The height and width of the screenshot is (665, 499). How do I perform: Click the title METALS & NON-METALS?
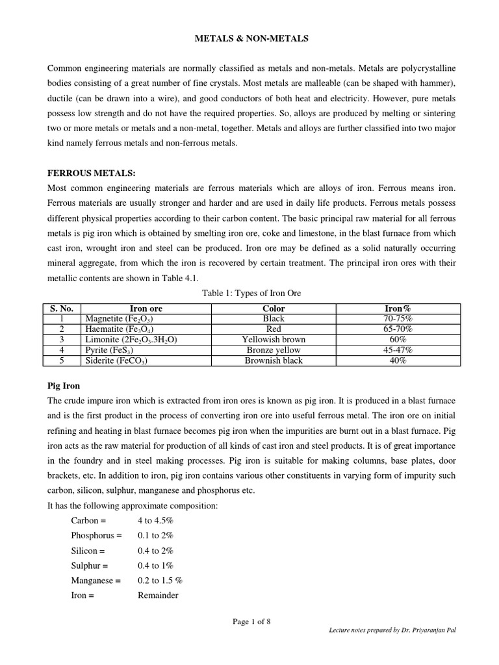[x=251, y=39]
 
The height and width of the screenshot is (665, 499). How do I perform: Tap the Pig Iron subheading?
[x=62, y=386]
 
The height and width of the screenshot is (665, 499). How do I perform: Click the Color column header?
[x=274, y=308]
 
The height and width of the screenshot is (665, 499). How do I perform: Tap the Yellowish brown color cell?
[x=274, y=340]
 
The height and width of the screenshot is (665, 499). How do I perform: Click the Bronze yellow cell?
[x=274, y=350]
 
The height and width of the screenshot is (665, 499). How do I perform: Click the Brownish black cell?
[x=274, y=360]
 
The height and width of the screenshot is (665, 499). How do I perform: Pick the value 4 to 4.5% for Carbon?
[x=155, y=521]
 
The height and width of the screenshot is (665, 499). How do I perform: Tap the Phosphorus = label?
[x=97, y=536]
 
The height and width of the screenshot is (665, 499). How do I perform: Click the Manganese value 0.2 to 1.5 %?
[x=160, y=581]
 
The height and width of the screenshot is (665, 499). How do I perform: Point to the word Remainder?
[x=157, y=596]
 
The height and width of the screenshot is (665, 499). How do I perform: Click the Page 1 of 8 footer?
[x=251, y=621]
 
